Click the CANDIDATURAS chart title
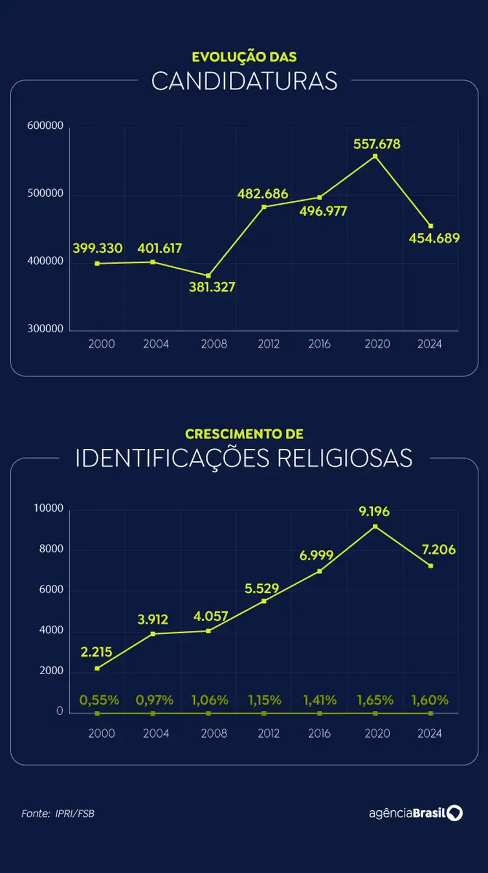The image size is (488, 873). coord(244,82)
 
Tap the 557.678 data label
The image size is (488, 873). coord(377,144)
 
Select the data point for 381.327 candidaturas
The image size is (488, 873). coord(208,276)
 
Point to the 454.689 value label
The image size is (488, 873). coord(434,238)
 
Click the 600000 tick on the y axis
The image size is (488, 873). coord(45,126)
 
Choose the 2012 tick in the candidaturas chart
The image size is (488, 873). coord(268,344)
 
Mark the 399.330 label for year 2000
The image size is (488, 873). coord(96,248)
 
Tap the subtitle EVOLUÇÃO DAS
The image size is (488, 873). coord(244,57)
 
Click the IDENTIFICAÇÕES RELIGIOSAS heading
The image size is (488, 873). coord(244,458)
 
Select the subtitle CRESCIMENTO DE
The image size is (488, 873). coord(244,434)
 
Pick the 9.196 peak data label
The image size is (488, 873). coord(375,512)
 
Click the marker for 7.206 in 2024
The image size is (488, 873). coord(430,566)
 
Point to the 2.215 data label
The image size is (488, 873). coord(97,652)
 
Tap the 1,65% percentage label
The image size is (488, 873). coord(375,700)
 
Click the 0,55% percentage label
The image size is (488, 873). coord(99,700)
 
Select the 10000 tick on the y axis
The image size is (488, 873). coord(49,508)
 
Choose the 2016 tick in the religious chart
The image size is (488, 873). coord(319,733)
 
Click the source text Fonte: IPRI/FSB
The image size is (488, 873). coord(58,813)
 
